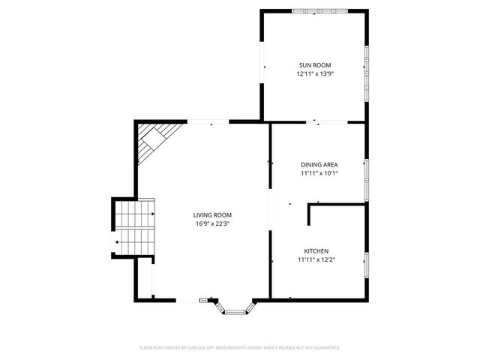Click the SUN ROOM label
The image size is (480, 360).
[314, 65]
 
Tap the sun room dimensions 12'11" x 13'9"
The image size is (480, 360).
[314, 73]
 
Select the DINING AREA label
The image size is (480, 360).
[319, 164]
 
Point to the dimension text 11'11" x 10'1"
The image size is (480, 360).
[319, 173]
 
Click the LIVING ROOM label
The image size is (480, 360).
[212, 215]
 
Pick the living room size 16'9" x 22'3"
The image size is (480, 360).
[212, 223]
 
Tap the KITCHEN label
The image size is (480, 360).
[316, 251]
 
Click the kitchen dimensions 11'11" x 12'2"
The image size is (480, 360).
[316, 260]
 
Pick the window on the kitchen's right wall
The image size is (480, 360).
[367, 263]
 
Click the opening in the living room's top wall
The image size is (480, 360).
[208, 121]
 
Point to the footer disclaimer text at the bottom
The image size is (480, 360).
[240, 348]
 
